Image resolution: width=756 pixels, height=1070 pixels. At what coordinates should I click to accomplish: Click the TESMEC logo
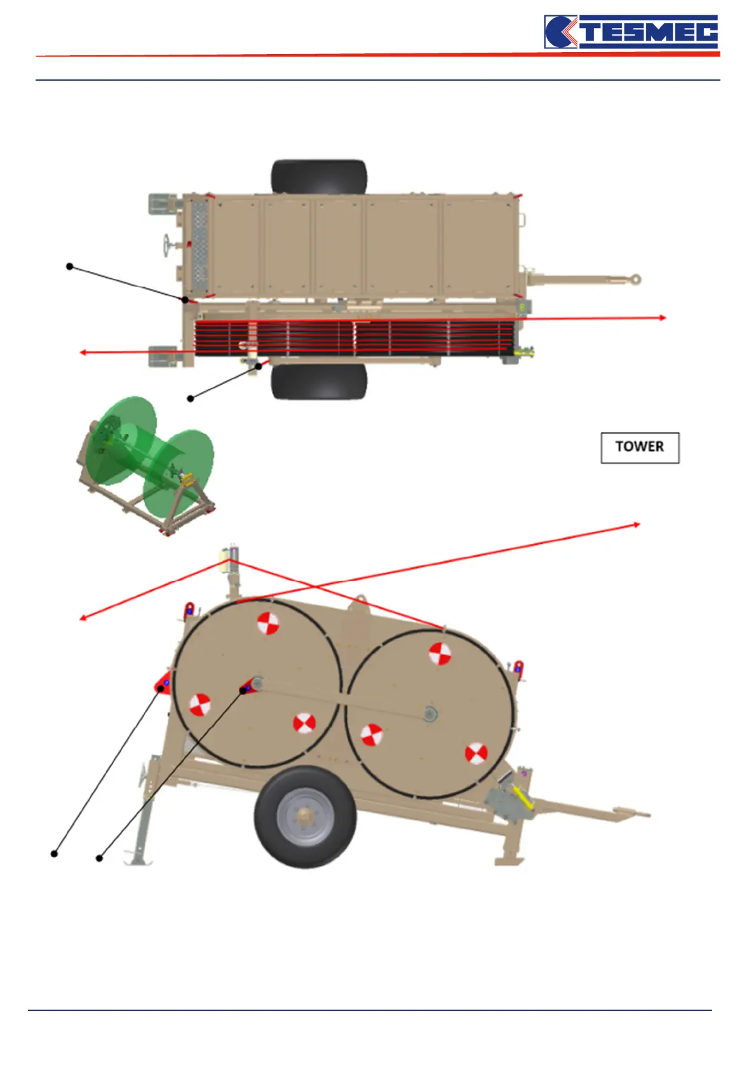(x=631, y=32)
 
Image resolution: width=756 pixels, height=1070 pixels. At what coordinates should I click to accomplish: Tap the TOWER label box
(x=640, y=447)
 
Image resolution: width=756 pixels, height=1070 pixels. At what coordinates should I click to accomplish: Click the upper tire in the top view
(x=319, y=177)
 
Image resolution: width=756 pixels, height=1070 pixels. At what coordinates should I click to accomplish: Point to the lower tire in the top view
(x=319, y=381)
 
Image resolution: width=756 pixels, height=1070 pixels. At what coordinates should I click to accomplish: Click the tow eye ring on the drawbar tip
(x=633, y=279)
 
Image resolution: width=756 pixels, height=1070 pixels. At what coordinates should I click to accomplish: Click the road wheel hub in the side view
(x=306, y=817)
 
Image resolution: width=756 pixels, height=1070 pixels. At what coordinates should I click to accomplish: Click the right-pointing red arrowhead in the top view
(x=663, y=317)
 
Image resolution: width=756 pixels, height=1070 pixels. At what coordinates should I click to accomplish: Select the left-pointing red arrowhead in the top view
(x=83, y=352)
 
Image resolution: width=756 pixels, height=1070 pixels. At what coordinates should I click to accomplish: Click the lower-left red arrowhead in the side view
(x=83, y=617)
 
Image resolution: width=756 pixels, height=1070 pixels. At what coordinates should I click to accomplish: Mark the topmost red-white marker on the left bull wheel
(x=267, y=623)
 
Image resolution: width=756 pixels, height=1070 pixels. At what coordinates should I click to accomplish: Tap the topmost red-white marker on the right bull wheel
(x=440, y=653)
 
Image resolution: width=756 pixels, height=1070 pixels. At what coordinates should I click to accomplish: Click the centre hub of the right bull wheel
(x=429, y=714)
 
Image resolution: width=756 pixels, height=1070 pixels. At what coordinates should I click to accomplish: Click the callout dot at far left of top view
(x=69, y=266)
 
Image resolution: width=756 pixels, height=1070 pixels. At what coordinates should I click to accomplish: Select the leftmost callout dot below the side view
(x=55, y=853)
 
